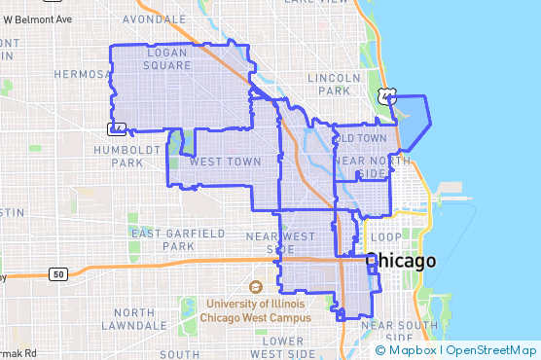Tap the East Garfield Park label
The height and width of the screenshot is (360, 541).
[x=178, y=239]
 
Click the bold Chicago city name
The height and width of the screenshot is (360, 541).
[x=400, y=262]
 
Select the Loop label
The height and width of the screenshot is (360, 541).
[x=385, y=237]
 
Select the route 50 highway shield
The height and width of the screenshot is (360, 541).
[x=58, y=275]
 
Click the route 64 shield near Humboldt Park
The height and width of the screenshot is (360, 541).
[x=116, y=127]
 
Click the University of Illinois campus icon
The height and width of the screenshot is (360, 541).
[x=256, y=287]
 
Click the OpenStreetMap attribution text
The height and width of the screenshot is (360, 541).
[x=491, y=350]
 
